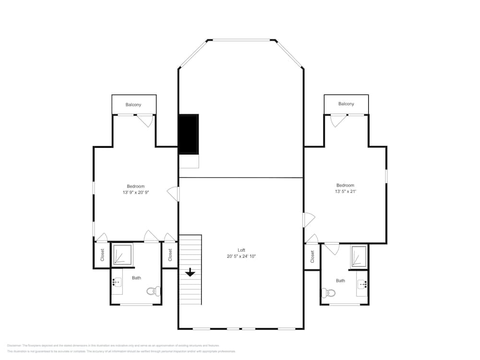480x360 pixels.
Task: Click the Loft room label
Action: click(x=241, y=250)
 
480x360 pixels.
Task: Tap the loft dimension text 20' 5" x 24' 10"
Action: click(x=241, y=256)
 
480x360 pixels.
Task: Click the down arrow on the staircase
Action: click(x=190, y=272)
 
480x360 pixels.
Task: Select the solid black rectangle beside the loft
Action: click(x=189, y=134)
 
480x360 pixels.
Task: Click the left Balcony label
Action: click(x=133, y=105)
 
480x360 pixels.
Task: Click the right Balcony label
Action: click(x=346, y=104)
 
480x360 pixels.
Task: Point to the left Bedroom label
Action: click(x=135, y=186)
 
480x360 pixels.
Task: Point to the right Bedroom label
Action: click(x=345, y=185)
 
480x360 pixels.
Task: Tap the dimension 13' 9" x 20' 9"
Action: click(x=135, y=192)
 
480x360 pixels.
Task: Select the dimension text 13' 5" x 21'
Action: click(x=345, y=192)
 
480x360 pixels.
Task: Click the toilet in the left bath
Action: click(x=154, y=291)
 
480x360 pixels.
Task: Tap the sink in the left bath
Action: click(x=117, y=285)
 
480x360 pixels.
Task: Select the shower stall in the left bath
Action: click(x=122, y=254)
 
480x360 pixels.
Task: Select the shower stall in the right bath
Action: click(x=359, y=256)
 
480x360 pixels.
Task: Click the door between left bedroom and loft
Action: click(x=174, y=194)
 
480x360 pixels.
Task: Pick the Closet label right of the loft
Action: click(x=312, y=257)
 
